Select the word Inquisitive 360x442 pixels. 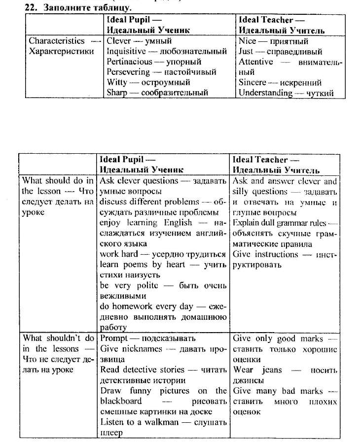126,51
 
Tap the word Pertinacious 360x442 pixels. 129,62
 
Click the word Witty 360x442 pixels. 117,82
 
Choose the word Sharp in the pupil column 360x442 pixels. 117,93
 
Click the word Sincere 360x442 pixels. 252,82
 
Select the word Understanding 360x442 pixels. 265,93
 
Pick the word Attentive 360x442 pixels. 255,62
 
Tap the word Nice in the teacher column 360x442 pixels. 248,41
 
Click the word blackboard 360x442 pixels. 121,401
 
